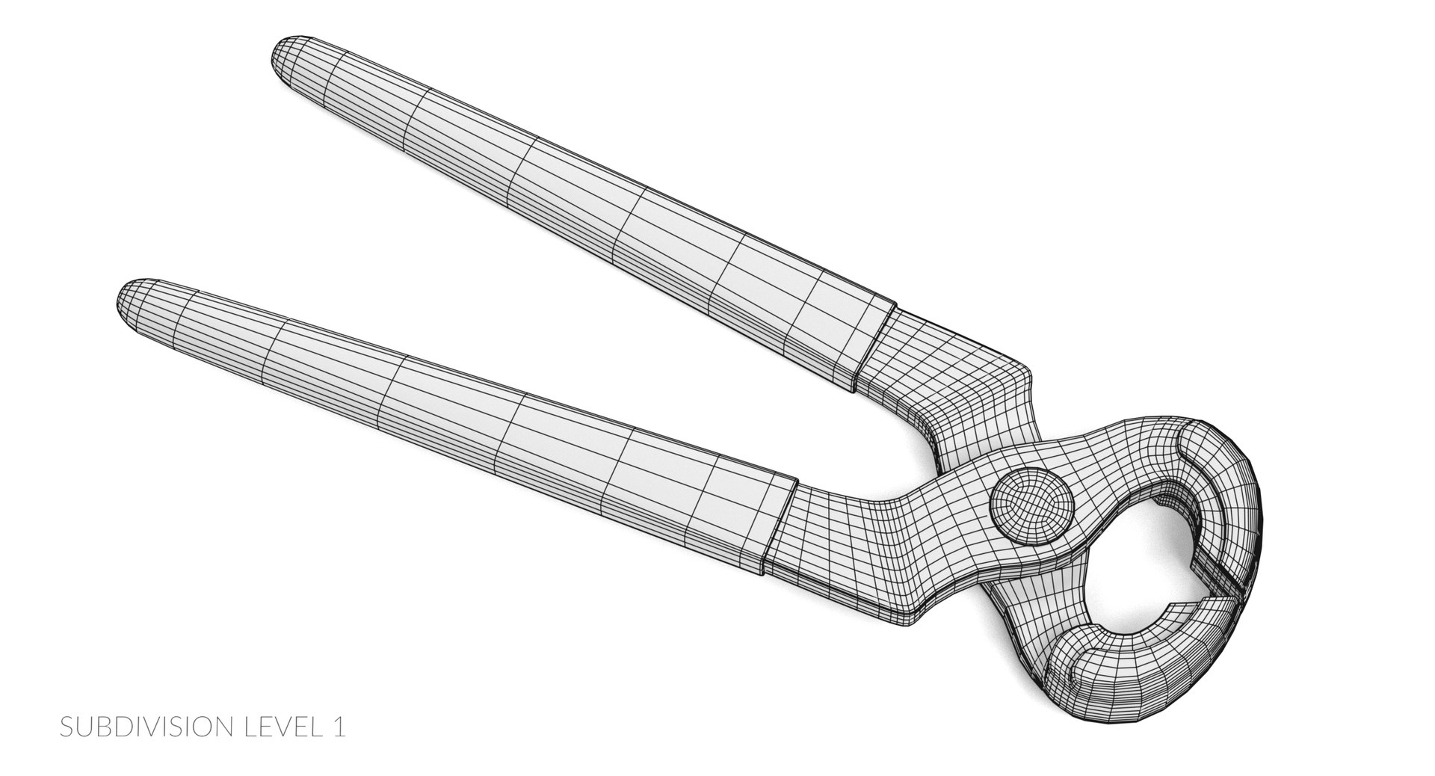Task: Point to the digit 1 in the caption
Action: click(x=339, y=727)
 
